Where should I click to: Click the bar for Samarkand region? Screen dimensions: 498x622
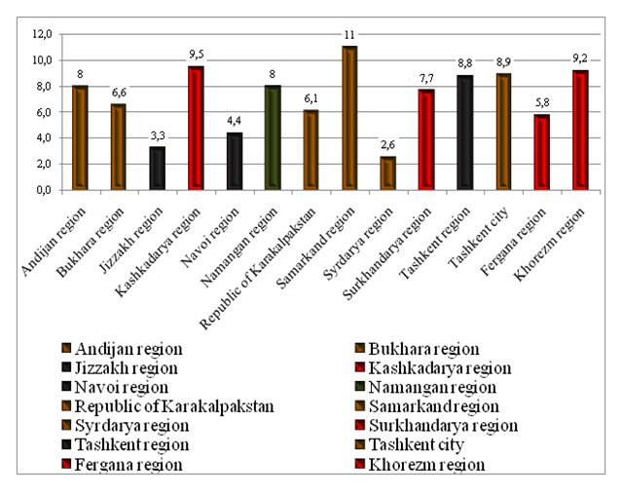[x=349, y=118]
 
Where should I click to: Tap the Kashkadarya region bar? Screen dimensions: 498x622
[x=196, y=128]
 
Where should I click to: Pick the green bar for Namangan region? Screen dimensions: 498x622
[x=274, y=137]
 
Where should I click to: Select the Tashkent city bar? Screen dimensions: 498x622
[x=503, y=132]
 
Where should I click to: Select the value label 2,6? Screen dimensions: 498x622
[x=387, y=145]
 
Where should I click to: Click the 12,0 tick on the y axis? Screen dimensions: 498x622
[x=42, y=34]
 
